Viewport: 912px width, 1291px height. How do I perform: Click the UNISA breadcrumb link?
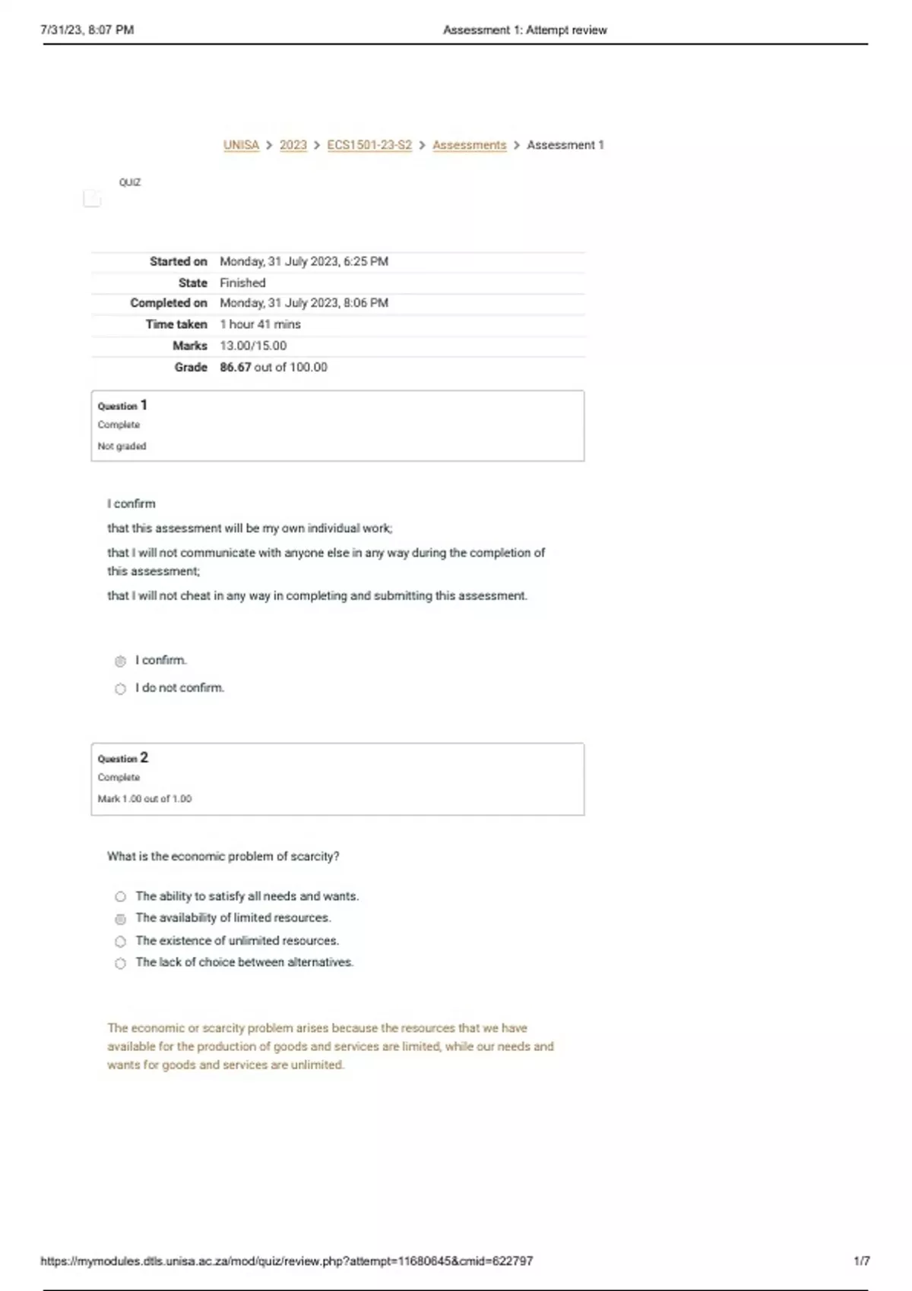click(241, 145)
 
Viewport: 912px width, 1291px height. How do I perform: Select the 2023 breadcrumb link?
click(293, 145)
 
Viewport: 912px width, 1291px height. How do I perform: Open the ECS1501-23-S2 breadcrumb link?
click(369, 145)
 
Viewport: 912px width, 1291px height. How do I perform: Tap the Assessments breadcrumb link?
click(469, 145)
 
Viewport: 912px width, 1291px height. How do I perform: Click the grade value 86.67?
click(235, 368)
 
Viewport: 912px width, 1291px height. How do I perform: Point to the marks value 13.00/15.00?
click(253, 346)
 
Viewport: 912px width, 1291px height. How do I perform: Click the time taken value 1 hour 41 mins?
click(260, 324)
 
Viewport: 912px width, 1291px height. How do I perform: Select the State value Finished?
click(242, 283)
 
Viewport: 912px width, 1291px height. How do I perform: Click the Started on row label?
click(178, 262)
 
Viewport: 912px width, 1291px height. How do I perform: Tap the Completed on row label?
click(168, 303)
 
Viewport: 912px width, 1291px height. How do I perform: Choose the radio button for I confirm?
click(120, 661)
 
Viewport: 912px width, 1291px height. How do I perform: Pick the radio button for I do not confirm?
click(120, 690)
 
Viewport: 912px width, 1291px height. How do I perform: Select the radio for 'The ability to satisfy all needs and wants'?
click(120, 897)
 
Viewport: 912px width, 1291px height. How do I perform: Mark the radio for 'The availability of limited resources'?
click(120, 920)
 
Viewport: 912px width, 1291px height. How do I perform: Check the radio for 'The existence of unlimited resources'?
click(120, 942)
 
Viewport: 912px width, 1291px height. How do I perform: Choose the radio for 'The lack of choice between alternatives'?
click(120, 964)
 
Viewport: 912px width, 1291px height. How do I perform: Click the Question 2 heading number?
click(144, 758)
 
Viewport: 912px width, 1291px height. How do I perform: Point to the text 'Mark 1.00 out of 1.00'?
click(144, 799)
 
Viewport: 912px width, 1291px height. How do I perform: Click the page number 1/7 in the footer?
click(861, 1261)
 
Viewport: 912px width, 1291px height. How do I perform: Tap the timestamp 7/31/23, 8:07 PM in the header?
click(87, 30)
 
